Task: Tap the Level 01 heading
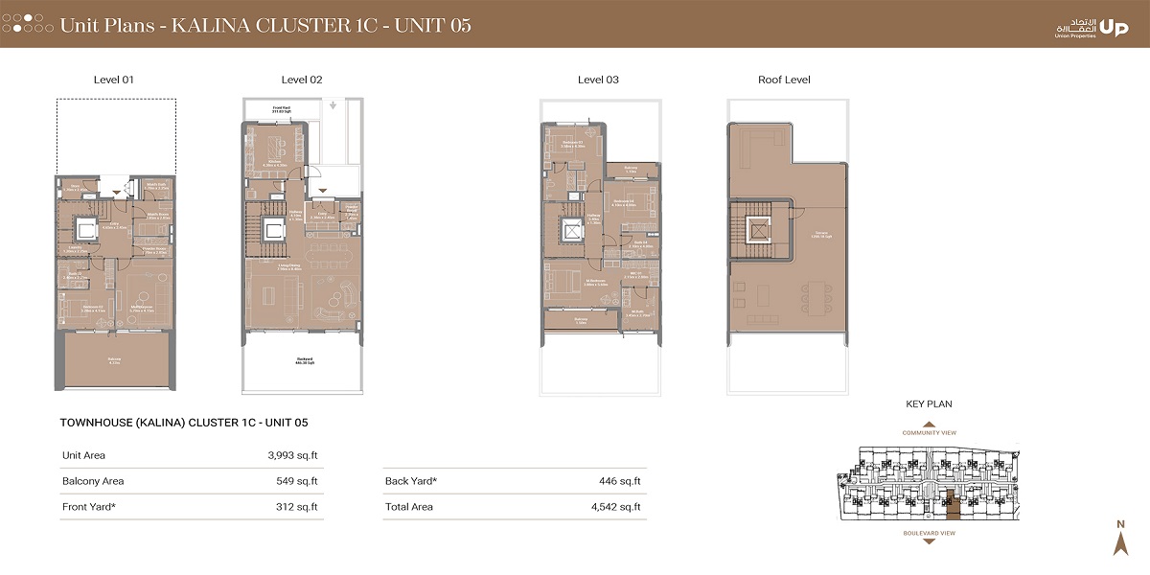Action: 114,80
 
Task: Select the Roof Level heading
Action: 784,80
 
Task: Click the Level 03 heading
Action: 598,80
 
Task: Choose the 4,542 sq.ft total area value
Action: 617,507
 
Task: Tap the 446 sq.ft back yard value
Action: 622,481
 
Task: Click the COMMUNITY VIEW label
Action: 928,433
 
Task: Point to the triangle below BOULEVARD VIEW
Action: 928,541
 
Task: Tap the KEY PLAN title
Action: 928,404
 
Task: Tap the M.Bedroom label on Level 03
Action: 596,282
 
